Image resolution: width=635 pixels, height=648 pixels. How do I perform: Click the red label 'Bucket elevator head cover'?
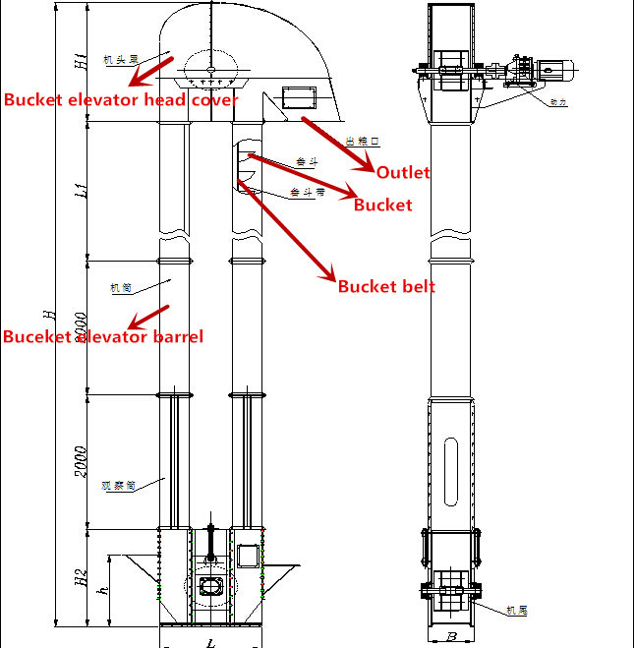(121, 99)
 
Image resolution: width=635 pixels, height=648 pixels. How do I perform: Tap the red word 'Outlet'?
(403, 172)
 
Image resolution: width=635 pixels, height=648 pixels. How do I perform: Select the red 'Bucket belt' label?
(386, 286)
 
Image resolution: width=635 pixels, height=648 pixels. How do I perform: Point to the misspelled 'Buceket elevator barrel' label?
(103, 336)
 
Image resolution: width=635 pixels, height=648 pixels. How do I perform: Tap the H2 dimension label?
(82, 576)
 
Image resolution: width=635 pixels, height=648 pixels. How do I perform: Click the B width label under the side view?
(451, 636)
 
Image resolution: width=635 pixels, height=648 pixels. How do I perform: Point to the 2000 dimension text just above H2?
(82, 462)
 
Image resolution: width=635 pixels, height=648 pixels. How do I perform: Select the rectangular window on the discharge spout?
(296, 97)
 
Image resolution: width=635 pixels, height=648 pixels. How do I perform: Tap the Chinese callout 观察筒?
(117, 485)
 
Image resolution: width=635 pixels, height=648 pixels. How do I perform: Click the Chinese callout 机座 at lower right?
(517, 611)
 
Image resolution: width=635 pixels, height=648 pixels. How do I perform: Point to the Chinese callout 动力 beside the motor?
(560, 100)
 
